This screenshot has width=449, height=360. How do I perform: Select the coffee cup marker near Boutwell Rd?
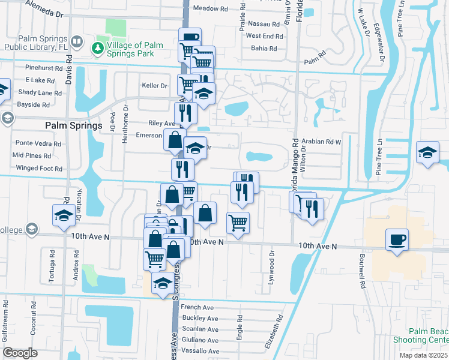(397, 241)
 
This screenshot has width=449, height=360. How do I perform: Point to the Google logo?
(20, 352)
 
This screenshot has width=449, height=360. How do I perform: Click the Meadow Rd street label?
(211, 9)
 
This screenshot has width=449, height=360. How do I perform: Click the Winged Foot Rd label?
(39, 169)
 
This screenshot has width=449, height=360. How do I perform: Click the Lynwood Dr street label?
(272, 262)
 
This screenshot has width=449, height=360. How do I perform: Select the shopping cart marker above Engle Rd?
(238, 223)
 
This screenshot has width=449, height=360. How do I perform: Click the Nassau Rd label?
(263, 25)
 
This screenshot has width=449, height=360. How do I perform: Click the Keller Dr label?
(154, 86)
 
